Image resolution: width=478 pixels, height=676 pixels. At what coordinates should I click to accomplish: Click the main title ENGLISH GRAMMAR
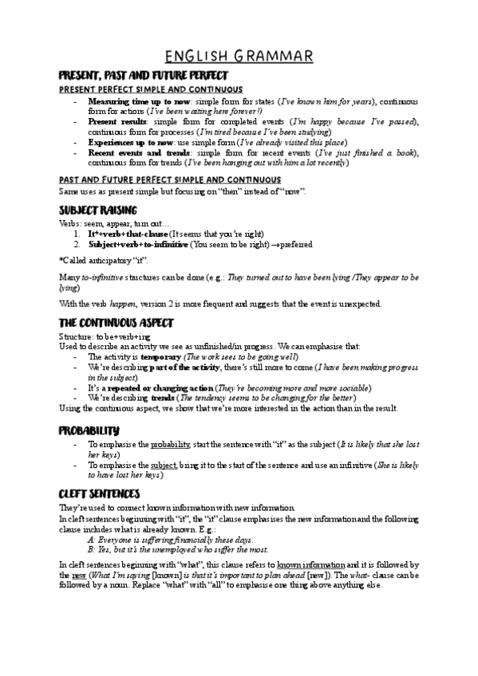tap(239, 56)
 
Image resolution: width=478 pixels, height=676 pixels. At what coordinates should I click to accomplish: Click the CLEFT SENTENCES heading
tap(99, 493)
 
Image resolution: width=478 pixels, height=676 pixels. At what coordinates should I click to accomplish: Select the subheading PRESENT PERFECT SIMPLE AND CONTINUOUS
tap(151, 89)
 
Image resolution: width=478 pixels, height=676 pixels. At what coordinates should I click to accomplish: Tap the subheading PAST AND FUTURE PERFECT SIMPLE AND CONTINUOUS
tap(170, 179)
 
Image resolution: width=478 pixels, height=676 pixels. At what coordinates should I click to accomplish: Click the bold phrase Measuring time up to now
tap(139, 102)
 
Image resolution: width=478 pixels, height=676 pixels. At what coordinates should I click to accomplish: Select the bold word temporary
tap(162, 358)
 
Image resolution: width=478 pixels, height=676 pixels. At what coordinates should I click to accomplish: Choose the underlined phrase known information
tap(311, 564)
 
